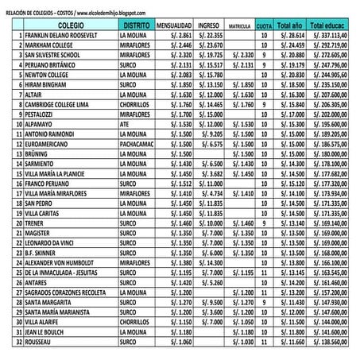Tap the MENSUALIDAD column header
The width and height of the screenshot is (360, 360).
coord(174,26)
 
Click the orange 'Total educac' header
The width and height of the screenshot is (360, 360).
coord(328,26)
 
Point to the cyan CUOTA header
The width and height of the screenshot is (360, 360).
coord(265,26)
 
